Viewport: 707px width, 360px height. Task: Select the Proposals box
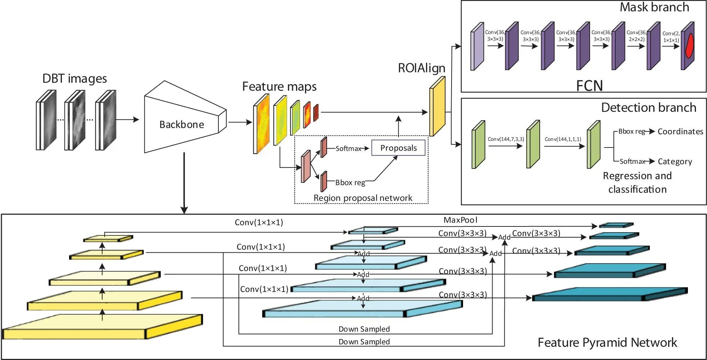[398, 148]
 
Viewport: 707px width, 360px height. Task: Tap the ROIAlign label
[421, 68]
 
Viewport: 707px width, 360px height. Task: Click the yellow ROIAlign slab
[437, 107]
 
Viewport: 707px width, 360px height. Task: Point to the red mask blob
[689, 46]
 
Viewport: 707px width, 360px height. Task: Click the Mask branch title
[654, 7]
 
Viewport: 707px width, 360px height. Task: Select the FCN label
[589, 86]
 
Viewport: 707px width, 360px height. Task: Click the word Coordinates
[680, 131]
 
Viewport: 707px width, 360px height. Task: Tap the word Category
[675, 162]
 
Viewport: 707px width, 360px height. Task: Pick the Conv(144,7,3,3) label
[506, 139]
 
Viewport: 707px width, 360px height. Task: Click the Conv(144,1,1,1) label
[563, 139]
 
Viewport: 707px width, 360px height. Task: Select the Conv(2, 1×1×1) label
[671, 37]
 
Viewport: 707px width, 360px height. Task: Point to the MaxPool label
[460, 220]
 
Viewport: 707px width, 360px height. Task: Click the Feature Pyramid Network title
[607, 342]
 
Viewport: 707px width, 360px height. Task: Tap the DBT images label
[74, 78]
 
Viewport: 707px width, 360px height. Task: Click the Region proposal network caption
[363, 198]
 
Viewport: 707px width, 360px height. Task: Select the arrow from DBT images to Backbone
[127, 120]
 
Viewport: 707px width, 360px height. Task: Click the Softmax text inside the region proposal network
[348, 148]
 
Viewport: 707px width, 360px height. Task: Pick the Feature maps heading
[279, 86]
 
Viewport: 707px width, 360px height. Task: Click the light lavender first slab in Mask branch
[477, 47]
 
